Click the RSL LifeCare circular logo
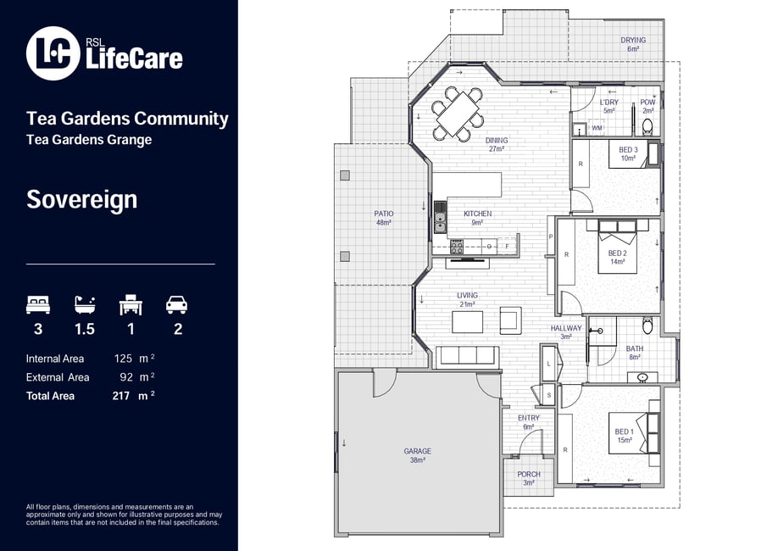[53, 53]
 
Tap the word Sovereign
[82, 200]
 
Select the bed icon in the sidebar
[38, 305]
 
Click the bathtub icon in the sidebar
[85, 305]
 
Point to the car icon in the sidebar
[176, 305]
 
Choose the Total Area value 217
[121, 396]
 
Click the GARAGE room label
[417, 451]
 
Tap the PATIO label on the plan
[384, 214]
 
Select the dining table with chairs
[458, 114]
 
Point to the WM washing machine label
[597, 128]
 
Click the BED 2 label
[617, 253]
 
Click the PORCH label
[529, 475]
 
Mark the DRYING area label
[633, 40]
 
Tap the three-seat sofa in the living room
[467, 356]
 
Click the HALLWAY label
[566, 329]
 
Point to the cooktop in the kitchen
[457, 246]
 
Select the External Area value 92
[126, 377]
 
